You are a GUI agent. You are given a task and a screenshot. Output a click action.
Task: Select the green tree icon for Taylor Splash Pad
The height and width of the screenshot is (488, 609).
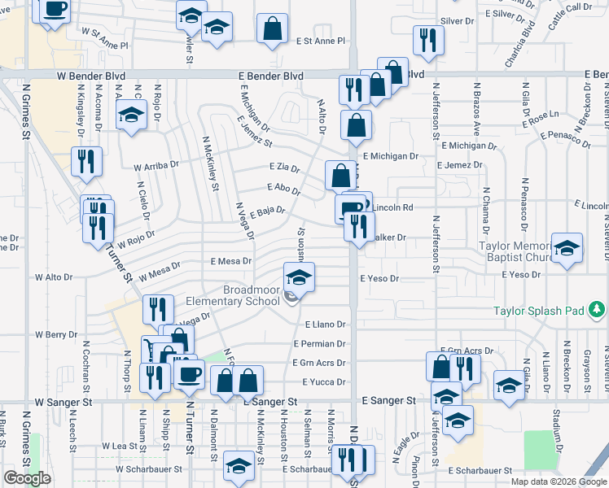(x=597, y=309)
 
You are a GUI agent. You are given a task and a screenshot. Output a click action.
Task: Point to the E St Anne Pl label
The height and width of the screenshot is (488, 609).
(x=321, y=40)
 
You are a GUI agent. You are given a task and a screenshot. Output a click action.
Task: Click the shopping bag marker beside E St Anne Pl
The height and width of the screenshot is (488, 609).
(x=272, y=28)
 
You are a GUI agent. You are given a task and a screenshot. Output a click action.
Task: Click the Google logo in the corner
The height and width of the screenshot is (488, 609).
(x=28, y=478)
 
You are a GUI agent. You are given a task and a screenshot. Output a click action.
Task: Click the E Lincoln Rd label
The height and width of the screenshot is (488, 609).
(x=394, y=207)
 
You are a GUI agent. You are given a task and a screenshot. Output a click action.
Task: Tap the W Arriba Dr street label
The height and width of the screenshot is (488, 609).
(x=156, y=167)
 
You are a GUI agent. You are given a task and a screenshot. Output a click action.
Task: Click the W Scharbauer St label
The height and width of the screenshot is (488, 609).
(x=147, y=469)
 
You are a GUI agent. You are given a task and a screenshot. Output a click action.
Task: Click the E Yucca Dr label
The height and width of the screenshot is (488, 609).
(x=323, y=381)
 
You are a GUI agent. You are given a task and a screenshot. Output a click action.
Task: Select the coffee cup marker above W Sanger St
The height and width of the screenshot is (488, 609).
(x=190, y=375)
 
